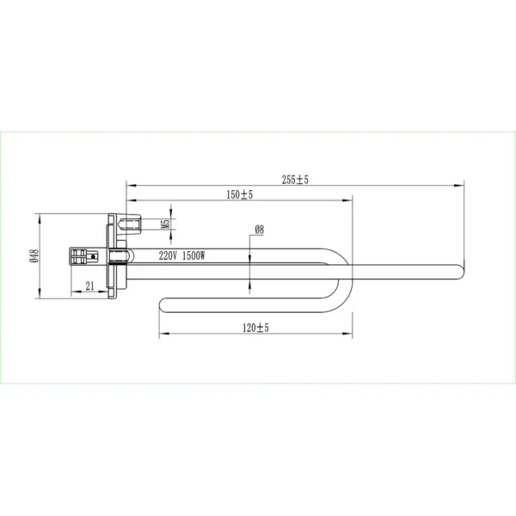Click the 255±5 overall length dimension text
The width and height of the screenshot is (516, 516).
click(295, 180)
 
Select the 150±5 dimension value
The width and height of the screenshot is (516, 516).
click(240, 194)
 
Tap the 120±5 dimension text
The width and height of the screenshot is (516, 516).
click(255, 328)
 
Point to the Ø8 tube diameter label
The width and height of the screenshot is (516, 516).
click(260, 230)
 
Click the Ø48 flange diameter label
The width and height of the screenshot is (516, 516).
click(34, 255)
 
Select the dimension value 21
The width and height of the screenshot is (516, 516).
click(89, 286)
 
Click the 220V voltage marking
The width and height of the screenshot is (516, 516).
click(168, 255)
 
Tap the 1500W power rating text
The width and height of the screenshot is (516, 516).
click(193, 255)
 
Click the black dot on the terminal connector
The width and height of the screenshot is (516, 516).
click(93, 256)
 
